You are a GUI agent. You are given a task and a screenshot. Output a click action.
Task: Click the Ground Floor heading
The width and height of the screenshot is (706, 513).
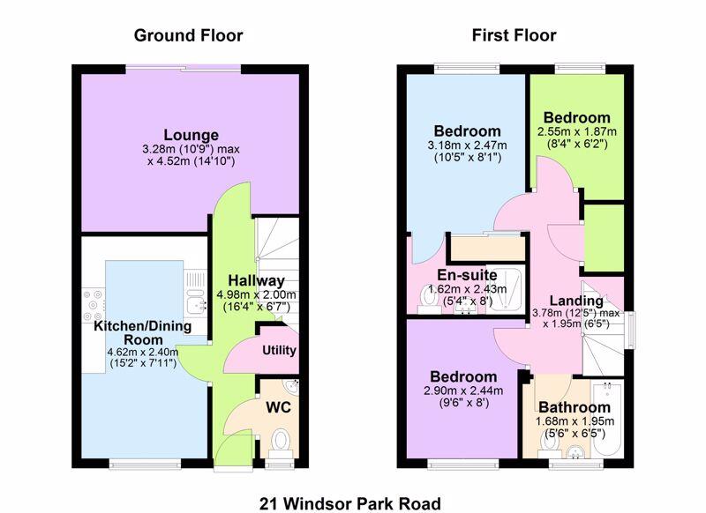(188, 35)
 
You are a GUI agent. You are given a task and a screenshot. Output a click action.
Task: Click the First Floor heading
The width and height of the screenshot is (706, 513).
(514, 35)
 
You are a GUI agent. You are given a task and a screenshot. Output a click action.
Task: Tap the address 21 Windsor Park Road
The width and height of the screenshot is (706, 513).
(349, 503)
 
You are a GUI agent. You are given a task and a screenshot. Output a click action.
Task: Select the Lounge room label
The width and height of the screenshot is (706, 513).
(191, 135)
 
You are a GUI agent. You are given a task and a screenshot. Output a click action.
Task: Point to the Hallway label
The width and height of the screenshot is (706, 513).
(256, 280)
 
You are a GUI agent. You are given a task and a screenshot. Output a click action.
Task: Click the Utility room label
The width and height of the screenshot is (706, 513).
(279, 350)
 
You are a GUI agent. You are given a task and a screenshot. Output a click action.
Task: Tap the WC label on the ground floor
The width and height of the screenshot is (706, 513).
(278, 407)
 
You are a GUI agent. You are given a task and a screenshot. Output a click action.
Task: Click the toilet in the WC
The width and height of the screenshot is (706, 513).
(281, 441)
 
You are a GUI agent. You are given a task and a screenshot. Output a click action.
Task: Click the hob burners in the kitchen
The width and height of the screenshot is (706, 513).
(94, 306)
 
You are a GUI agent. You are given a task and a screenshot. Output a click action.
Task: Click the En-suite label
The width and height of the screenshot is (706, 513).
(468, 275)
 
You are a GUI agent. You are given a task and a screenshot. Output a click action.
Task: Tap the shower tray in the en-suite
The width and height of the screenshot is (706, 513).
(507, 289)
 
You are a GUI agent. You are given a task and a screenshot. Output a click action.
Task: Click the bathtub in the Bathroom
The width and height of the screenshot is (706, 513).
(608, 419)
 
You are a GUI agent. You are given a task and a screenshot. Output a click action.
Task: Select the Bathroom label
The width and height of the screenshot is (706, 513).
(575, 407)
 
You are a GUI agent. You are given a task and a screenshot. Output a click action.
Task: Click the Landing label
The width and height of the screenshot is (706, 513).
(576, 301)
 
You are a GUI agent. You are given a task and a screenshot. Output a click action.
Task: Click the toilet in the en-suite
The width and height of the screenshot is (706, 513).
(426, 297)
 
